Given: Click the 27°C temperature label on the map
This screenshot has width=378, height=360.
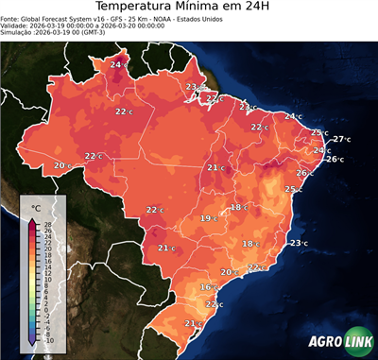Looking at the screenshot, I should pyautogui.click(x=341, y=139).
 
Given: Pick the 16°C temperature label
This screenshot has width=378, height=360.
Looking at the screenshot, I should pyautogui.click(x=208, y=286).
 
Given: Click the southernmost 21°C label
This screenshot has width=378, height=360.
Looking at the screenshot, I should pyautogui.click(x=193, y=323).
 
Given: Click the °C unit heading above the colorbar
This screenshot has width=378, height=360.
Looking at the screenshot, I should pyautogui.click(x=36, y=207).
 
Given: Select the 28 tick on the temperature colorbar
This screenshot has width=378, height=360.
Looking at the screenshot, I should pyautogui.click(x=47, y=223).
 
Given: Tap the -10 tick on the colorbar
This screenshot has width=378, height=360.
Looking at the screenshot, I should pyautogui.click(x=48, y=340).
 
